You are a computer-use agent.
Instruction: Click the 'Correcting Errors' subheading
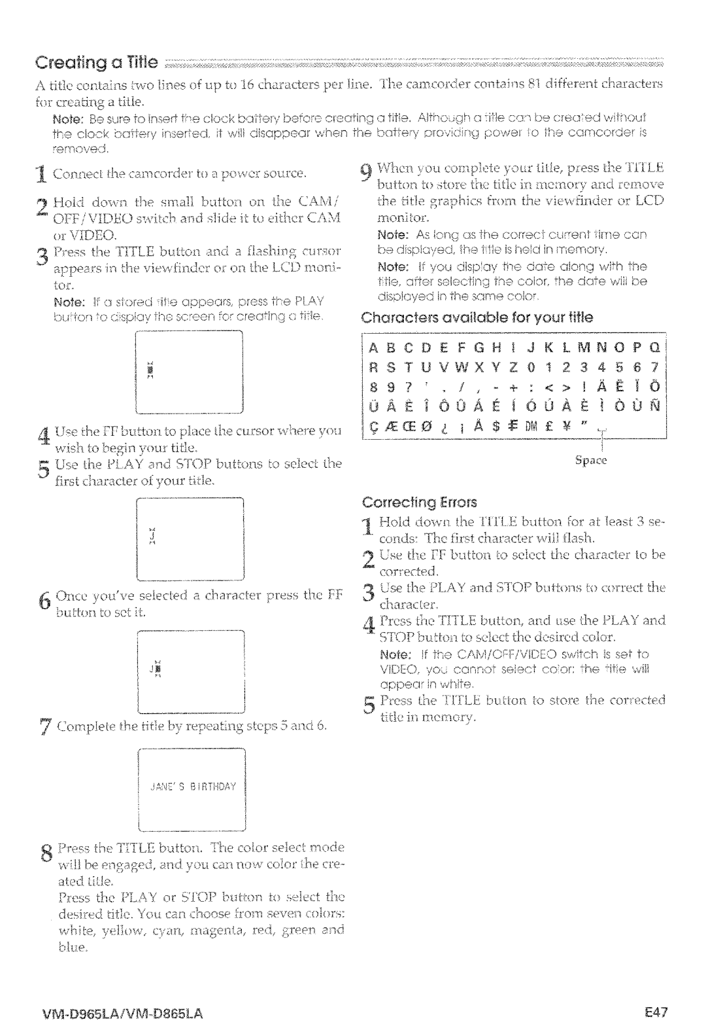click(x=420, y=503)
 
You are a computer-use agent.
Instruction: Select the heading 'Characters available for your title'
click(x=477, y=317)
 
